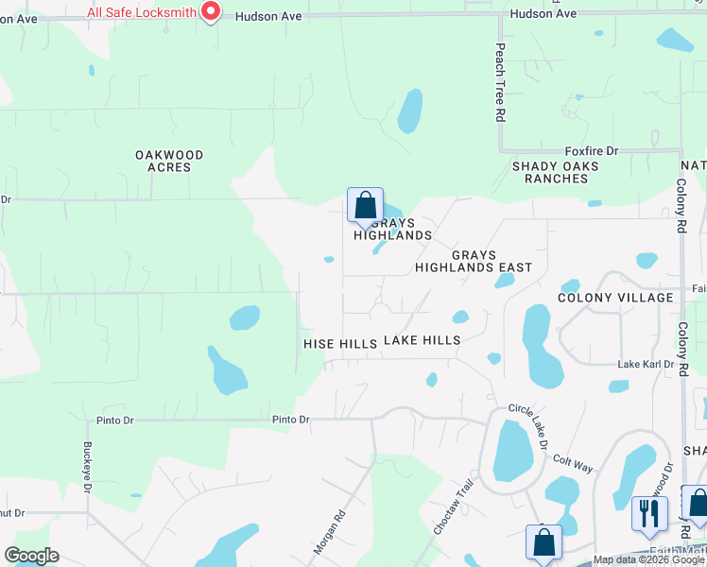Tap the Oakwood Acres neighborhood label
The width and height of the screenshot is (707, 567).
click(x=169, y=161)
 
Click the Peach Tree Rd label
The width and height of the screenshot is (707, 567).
click(x=500, y=83)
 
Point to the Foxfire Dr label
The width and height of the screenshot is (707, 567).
click(x=591, y=151)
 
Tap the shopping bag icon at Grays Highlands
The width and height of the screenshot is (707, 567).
click(x=365, y=206)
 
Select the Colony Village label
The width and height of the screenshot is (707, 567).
click(x=615, y=297)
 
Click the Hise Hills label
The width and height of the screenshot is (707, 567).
click(x=340, y=344)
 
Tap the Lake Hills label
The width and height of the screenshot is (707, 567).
click(x=422, y=340)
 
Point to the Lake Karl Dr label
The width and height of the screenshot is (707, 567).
click(x=646, y=365)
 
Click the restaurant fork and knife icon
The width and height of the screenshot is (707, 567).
click(x=649, y=513)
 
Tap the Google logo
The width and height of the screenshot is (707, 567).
click(x=31, y=556)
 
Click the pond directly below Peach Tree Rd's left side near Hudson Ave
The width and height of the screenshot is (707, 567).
click(x=410, y=112)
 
